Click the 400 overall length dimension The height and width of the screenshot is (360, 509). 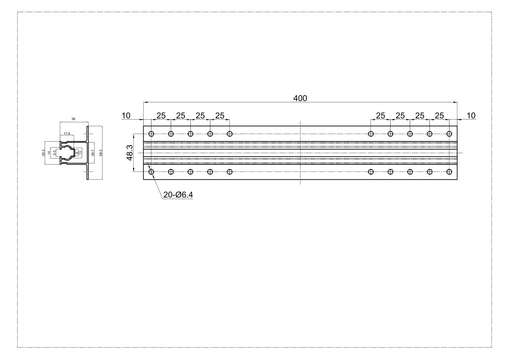[x=300, y=98]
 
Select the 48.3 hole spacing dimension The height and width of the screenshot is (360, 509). [x=130, y=152]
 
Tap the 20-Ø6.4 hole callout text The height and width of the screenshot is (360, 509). [x=178, y=195]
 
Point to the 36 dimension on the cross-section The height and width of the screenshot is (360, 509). [x=73, y=119]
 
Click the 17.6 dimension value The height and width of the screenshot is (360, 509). [x=67, y=133]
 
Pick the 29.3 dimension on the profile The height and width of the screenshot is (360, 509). [x=44, y=153]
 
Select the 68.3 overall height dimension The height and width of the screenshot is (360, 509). [x=100, y=153]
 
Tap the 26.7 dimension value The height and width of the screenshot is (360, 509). [x=92, y=153]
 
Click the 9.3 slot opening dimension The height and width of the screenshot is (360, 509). [x=54, y=153]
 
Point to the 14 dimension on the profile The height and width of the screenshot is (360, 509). [x=49, y=153]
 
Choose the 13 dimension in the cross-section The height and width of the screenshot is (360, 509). [x=80, y=153]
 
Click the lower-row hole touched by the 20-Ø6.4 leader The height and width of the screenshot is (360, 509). [x=151, y=172]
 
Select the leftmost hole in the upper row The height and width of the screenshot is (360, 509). [x=151, y=134]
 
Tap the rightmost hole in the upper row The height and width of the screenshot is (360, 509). [x=449, y=134]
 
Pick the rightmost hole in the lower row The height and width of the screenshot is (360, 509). [x=449, y=172]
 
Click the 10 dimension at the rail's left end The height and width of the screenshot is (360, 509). [x=126, y=116]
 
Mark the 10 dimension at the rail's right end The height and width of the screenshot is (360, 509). [x=471, y=116]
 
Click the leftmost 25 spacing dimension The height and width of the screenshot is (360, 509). [x=161, y=116]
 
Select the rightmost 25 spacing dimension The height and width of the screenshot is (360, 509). [x=439, y=116]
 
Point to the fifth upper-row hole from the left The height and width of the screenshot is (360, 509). [x=230, y=134]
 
